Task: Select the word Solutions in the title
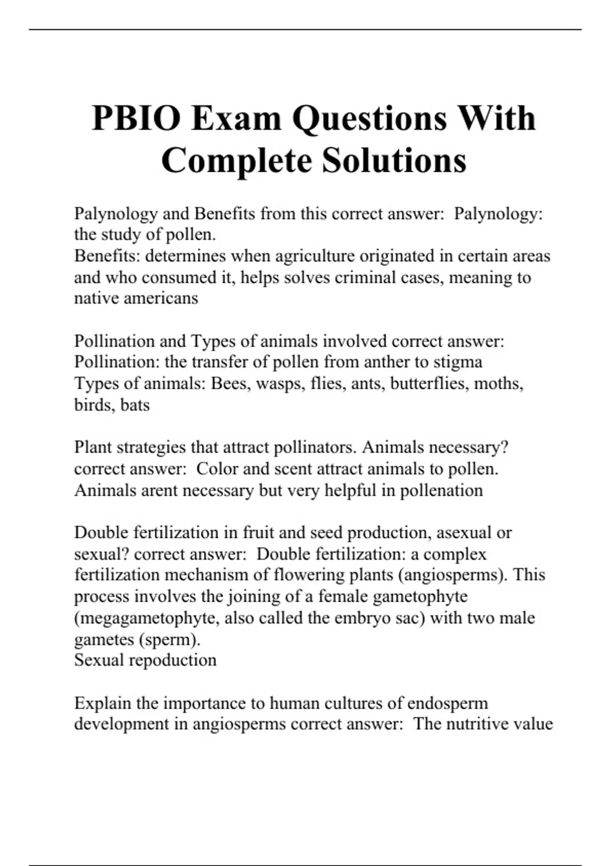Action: tap(394, 160)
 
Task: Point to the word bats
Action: tap(135, 404)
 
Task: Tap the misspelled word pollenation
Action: tap(441, 490)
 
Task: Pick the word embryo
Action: tap(362, 618)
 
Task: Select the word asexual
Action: tap(466, 532)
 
